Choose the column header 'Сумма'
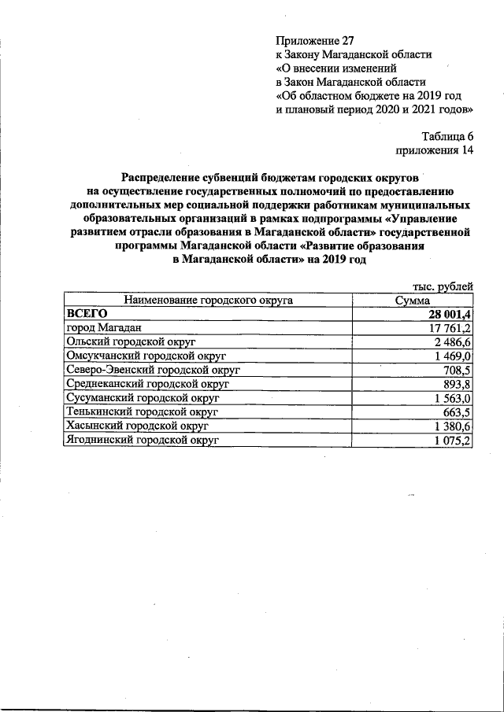click(x=413, y=300)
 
